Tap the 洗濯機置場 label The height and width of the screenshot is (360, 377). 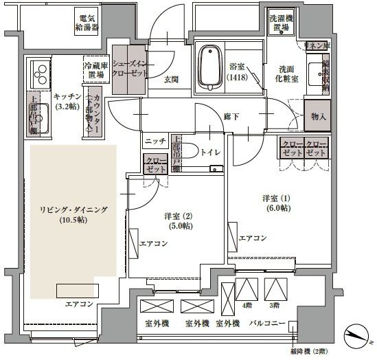(x=280, y=22)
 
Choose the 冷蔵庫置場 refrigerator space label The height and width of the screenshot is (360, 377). (x=95, y=69)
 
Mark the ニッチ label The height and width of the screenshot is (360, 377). (x=154, y=142)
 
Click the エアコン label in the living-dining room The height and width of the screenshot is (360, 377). (x=80, y=303)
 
